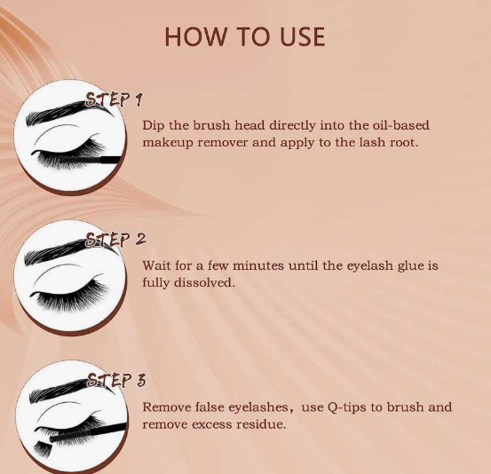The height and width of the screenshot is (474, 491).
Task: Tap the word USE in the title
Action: click(302, 36)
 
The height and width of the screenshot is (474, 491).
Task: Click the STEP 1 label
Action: click(114, 99)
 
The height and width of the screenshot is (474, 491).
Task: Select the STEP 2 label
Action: click(115, 240)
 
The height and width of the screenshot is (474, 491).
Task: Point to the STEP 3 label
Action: click(116, 381)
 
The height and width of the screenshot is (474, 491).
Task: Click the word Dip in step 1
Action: click(154, 125)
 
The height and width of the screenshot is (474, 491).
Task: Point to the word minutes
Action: click(258, 265)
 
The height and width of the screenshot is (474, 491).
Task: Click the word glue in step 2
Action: click(410, 266)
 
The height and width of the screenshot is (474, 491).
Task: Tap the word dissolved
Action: click(204, 282)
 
